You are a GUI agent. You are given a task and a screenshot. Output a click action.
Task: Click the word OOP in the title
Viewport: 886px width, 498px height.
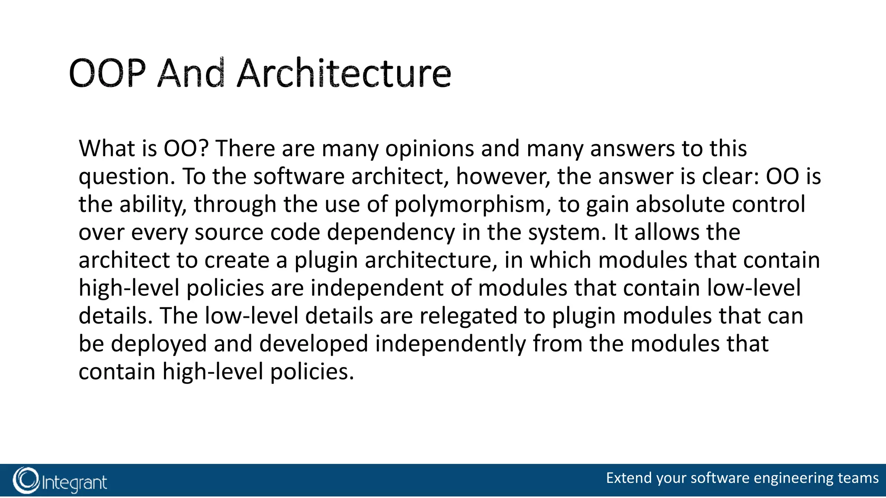(x=106, y=73)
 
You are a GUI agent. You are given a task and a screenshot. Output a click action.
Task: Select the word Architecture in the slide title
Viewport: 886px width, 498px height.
(x=344, y=73)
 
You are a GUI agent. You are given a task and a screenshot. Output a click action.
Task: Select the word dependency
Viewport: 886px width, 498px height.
(x=391, y=233)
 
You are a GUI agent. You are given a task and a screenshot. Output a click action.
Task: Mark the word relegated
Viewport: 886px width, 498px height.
(x=468, y=316)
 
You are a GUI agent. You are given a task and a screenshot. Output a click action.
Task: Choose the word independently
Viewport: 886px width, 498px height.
(x=450, y=344)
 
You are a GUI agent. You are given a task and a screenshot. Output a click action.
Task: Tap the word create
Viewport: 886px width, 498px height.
(x=237, y=260)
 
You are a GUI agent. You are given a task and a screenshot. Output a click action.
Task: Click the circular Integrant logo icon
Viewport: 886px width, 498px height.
(x=26, y=480)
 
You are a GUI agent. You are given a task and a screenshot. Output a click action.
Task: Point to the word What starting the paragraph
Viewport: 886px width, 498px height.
(x=106, y=149)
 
